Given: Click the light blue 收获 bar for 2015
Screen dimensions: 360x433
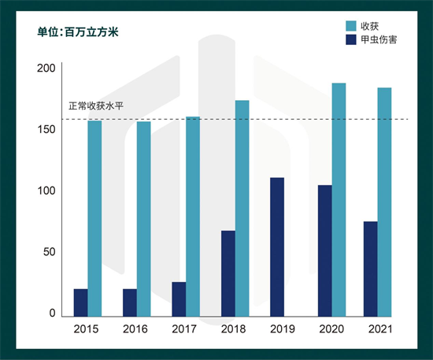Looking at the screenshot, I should coord(94,218).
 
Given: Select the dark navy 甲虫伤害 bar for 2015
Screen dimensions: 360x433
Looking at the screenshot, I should coord(80,302).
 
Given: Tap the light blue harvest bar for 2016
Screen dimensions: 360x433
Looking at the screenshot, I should coord(143,218).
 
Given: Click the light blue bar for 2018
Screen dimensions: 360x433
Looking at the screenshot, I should coord(242,208).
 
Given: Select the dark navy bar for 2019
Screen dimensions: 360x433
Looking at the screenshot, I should coord(277,246).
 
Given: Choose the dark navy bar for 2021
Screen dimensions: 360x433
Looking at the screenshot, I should coord(370,268).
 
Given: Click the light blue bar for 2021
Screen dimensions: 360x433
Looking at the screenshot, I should coord(384,202).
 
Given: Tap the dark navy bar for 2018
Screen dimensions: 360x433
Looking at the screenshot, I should coord(228,273).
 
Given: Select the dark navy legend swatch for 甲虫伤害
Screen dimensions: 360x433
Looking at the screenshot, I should coord(352,39).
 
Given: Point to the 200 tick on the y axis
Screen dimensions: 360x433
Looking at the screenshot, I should coord(46,69).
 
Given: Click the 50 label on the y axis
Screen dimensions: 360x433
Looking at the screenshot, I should coord(50,252).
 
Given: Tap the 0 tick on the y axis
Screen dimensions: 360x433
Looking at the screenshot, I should coord(52,314).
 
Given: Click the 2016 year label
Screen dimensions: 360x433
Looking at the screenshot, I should coord(136,329).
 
